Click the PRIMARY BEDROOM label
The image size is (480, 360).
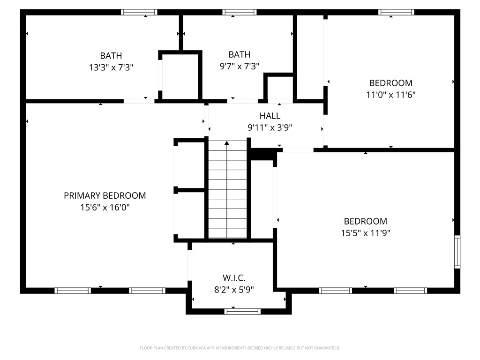(105, 195)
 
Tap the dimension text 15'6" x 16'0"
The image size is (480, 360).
(105, 207)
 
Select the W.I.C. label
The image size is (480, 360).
(234, 277)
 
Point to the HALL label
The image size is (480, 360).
(270, 116)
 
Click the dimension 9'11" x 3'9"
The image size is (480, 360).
(270, 127)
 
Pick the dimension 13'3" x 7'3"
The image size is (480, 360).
(111, 67)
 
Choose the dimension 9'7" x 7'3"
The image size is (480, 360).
(240, 66)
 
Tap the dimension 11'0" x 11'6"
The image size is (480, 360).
(391, 94)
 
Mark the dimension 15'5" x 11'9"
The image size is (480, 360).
(366, 232)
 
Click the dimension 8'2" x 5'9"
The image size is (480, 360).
(234, 289)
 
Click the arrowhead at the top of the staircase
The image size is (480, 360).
(227, 142)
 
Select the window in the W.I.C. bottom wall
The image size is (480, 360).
(242, 311)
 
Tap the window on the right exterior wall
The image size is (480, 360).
(457, 252)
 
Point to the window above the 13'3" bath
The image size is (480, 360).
(139, 12)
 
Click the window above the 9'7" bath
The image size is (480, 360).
(239, 12)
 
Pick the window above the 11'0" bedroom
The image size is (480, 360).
(396, 12)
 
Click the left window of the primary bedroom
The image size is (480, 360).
(73, 291)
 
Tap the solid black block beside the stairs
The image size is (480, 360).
(261, 154)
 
